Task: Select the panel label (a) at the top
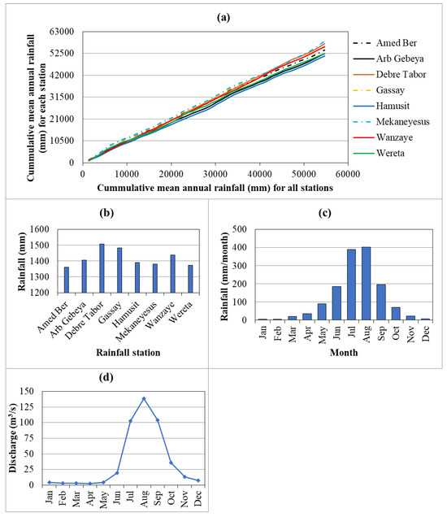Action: pyautogui.click(x=223, y=14)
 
